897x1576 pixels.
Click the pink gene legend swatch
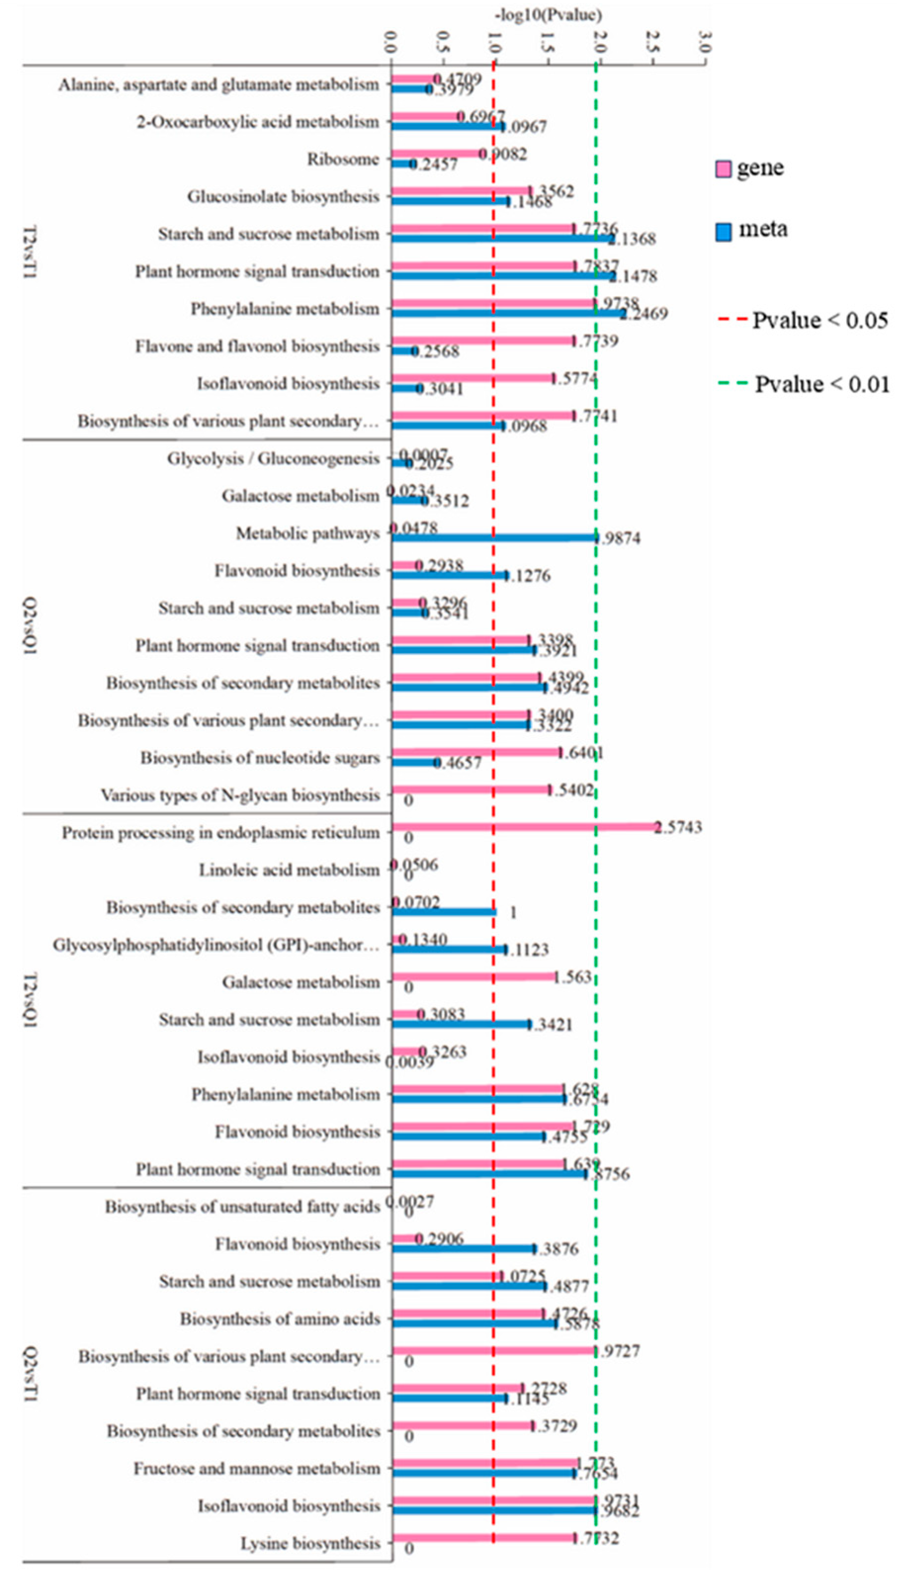723,168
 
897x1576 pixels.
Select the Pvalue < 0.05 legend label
819,320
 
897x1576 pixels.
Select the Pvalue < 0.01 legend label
822,384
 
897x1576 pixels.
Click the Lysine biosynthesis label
310,1543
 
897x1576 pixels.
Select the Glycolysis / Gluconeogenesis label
273,458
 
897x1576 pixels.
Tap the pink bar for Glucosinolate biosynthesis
461,191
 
